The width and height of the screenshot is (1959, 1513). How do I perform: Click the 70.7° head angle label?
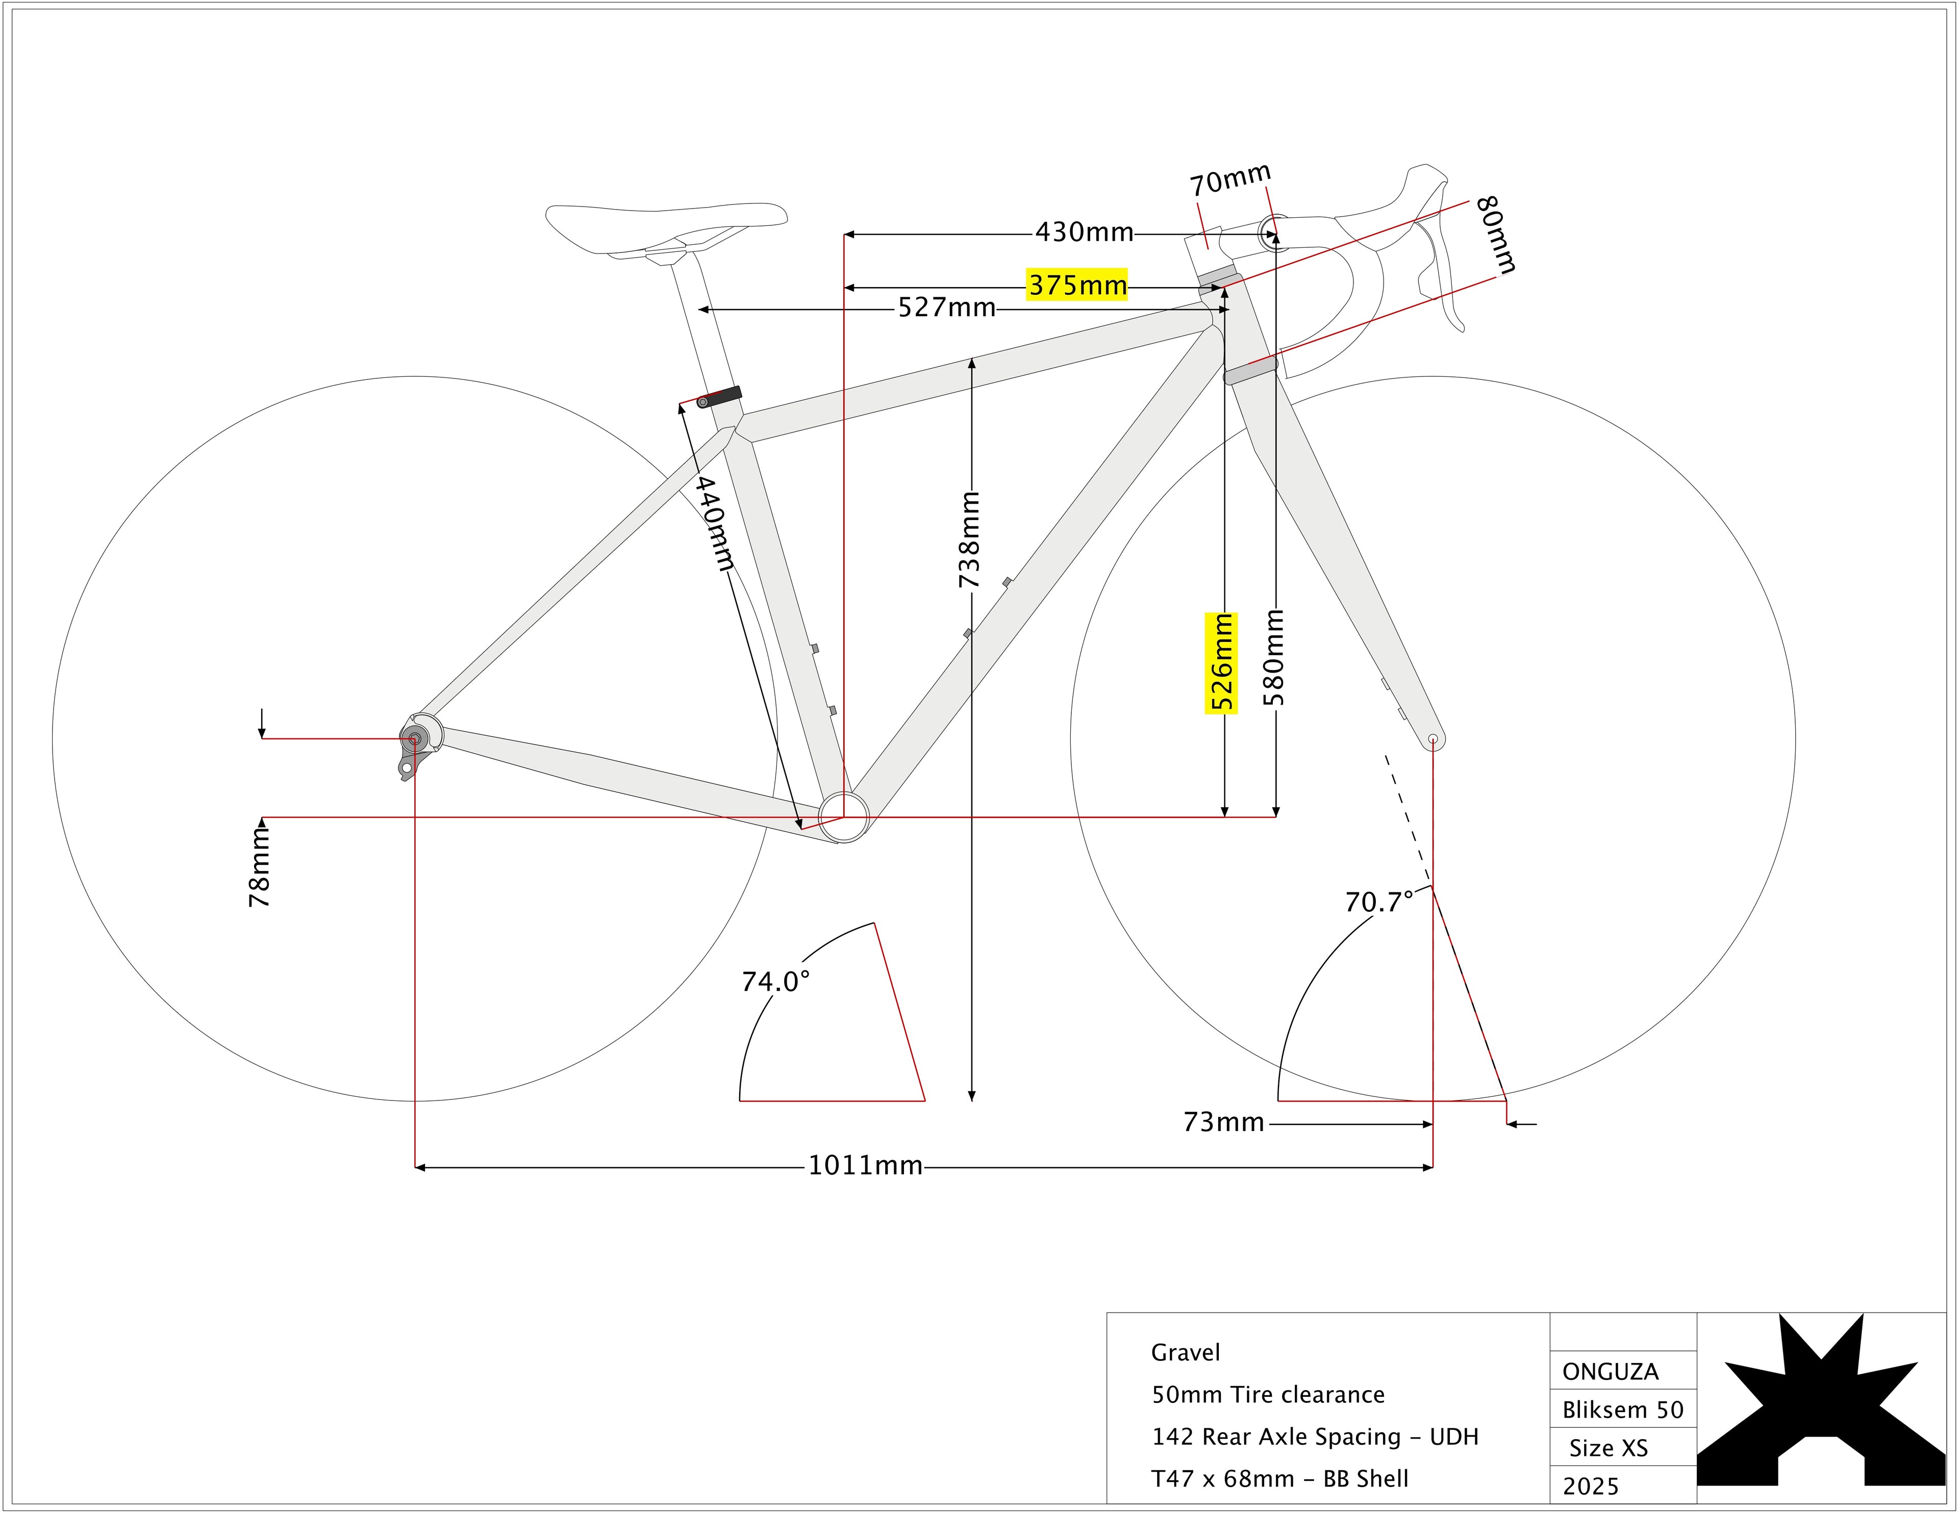(1378, 902)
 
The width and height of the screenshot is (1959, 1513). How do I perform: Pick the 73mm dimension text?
(1223, 1122)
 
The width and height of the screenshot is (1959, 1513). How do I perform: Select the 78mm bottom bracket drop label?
(259, 866)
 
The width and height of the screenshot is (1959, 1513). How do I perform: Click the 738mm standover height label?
(970, 540)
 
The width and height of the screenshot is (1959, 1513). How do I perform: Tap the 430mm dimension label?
(1085, 233)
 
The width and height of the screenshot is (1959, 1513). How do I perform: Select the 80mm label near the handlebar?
(1495, 235)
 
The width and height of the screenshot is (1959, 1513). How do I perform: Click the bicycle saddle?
(666, 224)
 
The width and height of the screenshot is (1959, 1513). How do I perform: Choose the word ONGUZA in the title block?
(1610, 1371)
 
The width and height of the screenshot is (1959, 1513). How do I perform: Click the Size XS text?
(1609, 1448)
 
